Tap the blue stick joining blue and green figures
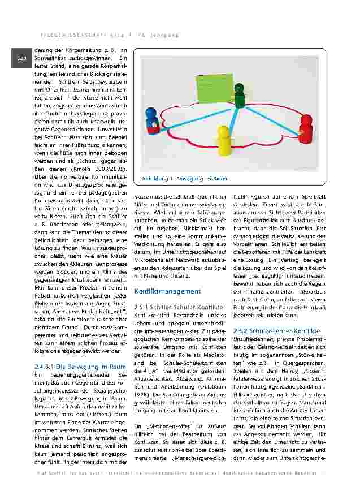tap(195, 115)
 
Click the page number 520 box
tap(20, 58)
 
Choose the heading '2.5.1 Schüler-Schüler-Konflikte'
tap(171, 306)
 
